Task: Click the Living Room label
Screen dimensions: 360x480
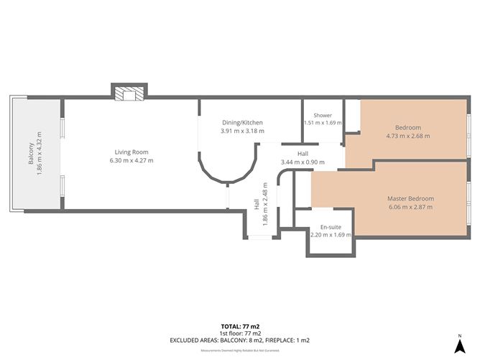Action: (130, 152)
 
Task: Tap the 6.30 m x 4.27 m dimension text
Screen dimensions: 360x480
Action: (130, 160)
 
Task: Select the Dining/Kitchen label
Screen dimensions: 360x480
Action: (241, 123)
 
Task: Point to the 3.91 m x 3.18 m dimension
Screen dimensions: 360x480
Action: (241, 131)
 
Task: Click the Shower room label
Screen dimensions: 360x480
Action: (322, 115)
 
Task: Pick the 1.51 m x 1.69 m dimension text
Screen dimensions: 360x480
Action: (322, 123)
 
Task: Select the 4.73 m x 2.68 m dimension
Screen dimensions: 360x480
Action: (407, 135)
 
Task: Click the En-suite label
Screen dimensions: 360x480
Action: (330, 227)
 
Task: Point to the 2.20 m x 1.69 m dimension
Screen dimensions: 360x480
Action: (330, 235)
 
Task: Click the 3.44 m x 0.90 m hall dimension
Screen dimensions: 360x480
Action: (302, 162)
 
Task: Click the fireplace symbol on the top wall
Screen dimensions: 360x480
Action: (129, 92)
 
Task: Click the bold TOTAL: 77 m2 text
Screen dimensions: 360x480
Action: (240, 326)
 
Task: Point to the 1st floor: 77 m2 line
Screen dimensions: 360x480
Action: (240, 333)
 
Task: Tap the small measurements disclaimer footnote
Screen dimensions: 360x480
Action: (240, 350)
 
